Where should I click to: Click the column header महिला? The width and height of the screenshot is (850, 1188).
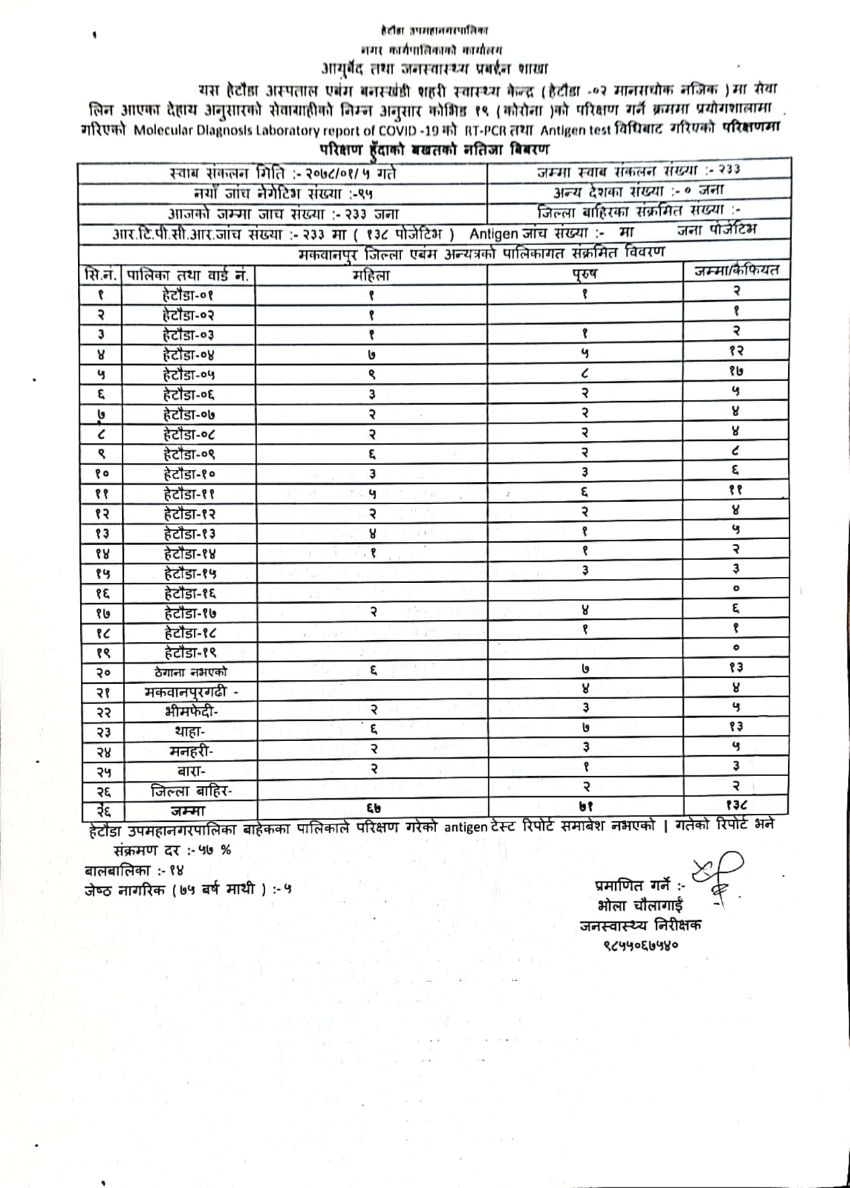tap(371, 275)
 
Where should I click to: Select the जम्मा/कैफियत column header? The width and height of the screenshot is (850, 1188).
tap(736, 271)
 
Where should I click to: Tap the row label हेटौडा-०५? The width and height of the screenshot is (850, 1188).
tap(188, 374)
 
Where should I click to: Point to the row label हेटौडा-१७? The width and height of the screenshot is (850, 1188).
tap(190, 613)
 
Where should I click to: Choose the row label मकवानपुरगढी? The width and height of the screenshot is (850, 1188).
tap(190, 691)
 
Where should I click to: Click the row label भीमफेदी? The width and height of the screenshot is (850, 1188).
tap(190, 711)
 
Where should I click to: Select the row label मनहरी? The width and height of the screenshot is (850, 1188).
tap(190, 751)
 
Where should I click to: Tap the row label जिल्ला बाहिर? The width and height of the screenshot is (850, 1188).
tap(191, 791)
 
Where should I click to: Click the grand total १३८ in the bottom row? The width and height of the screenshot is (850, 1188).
tap(736, 804)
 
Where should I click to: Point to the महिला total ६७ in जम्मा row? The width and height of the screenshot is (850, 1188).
tap(373, 808)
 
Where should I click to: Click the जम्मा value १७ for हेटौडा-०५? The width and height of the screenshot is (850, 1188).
tap(736, 370)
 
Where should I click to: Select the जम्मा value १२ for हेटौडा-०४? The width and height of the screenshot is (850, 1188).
tap(736, 350)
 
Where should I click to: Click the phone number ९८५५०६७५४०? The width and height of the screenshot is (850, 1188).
tap(641, 944)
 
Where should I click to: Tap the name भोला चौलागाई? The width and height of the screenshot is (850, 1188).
tap(639, 905)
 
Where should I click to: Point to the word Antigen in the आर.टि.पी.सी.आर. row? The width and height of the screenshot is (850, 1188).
tap(493, 234)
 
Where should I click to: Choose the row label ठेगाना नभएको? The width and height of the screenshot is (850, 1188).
tap(190, 672)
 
